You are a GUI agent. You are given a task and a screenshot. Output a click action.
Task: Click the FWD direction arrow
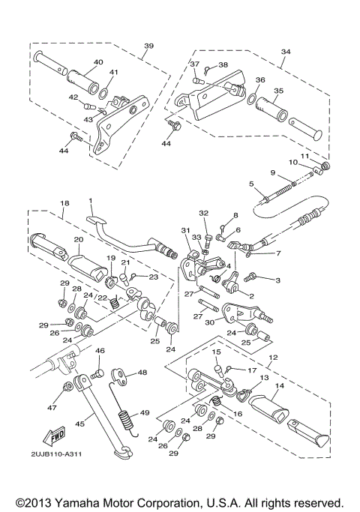pos(54,436)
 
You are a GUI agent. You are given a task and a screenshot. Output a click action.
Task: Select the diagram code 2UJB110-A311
pos(56,454)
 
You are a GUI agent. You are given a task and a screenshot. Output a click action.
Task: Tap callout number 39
pos(148,46)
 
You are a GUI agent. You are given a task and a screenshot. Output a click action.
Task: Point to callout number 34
pos(286,52)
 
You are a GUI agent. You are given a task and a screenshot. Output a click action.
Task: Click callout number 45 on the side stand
pos(79,424)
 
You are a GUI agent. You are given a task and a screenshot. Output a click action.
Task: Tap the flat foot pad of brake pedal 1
pos(96,221)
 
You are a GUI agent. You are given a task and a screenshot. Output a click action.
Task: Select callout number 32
pos(203,214)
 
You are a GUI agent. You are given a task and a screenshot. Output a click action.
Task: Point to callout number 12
pos(273,358)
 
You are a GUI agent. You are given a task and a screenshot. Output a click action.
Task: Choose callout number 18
pos(64,203)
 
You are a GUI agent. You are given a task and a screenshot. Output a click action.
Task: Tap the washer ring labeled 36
pos(251,98)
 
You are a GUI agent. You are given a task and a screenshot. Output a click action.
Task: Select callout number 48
pos(142,373)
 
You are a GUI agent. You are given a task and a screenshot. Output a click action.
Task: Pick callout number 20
pos(79,239)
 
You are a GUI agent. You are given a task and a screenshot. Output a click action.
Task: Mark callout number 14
pos(280,385)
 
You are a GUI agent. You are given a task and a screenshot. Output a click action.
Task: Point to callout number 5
pos(251,184)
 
